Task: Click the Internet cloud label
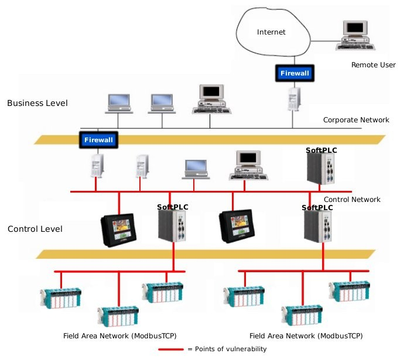[x=271, y=32]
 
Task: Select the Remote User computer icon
[x=355, y=35]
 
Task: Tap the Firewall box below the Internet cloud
[x=295, y=73]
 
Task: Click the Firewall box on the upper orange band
[x=98, y=140]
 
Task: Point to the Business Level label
[x=37, y=103]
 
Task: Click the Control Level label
[x=35, y=229]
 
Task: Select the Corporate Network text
[x=356, y=120]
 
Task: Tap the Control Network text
[x=352, y=200]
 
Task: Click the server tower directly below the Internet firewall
[x=294, y=100]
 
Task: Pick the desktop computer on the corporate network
[x=211, y=99]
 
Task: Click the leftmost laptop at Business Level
[x=119, y=104]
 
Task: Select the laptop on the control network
[x=196, y=169]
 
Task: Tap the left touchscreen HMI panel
[x=119, y=230]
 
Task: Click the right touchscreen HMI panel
[x=237, y=226]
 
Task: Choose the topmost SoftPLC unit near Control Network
[x=320, y=168]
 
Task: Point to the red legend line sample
[x=171, y=349]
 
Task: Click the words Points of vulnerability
[x=231, y=349]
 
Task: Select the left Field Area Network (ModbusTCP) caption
[x=119, y=336]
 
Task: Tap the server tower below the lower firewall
[x=97, y=166]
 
